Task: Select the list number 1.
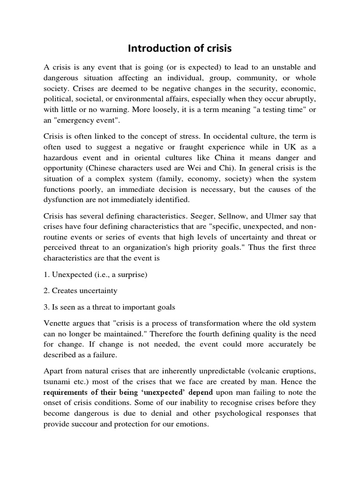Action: click(46, 274)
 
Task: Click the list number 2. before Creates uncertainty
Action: click(46, 291)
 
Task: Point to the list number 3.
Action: click(46, 307)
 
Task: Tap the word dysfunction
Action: click(65, 200)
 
